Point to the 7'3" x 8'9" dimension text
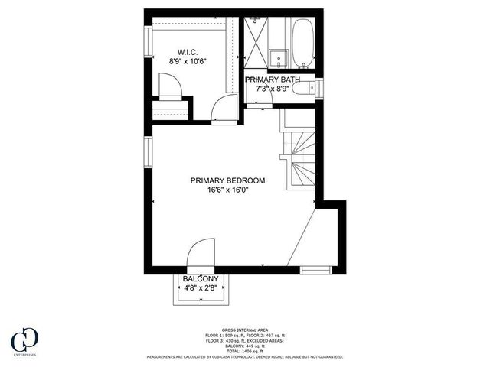(x=273, y=89)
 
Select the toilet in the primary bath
(x=307, y=89)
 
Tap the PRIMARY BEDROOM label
(x=228, y=180)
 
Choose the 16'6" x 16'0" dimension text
(x=228, y=190)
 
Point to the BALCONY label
(x=201, y=279)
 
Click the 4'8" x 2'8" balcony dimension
(x=201, y=289)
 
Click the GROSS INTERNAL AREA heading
(x=244, y=330)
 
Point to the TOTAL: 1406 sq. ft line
(x=244, y=351)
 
